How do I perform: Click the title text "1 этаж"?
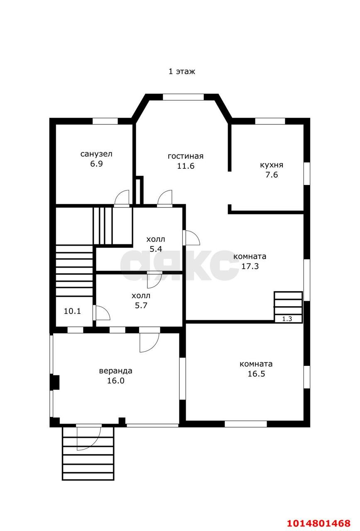pyautogui.click(x=181, y=71)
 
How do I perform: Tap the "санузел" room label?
pyautogui.click(x=96, y=154)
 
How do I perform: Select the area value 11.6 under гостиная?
pyautogui.click(x=186, y=166)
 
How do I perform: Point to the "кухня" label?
pyautogui.click(x=272, y=165)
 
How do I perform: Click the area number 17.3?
pyautogui.click(x=250, y=266)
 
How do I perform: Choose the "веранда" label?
pyautogui.click(x=115, y=371)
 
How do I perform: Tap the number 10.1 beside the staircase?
pyautogui.click(x=72, y=311)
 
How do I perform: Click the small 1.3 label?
pyautogui.click(x=287, y=319)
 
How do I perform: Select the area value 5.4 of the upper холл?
pyautogui.click(x=156, y=249)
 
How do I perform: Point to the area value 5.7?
pyautogui.click(x=141, y=305)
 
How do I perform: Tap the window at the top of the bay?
pyautogui.click(x=183, y=97)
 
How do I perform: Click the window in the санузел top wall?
pyautogui.click(x=105, y=121)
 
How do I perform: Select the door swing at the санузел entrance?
pyautogui.click(x=122, y=198)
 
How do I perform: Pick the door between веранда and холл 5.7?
pyautogui.click(x=149, y=340)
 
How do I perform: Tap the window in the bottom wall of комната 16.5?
pyautogui.click(x=246, y=424)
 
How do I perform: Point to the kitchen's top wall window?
pyautogui.click(x=270, y=121)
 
